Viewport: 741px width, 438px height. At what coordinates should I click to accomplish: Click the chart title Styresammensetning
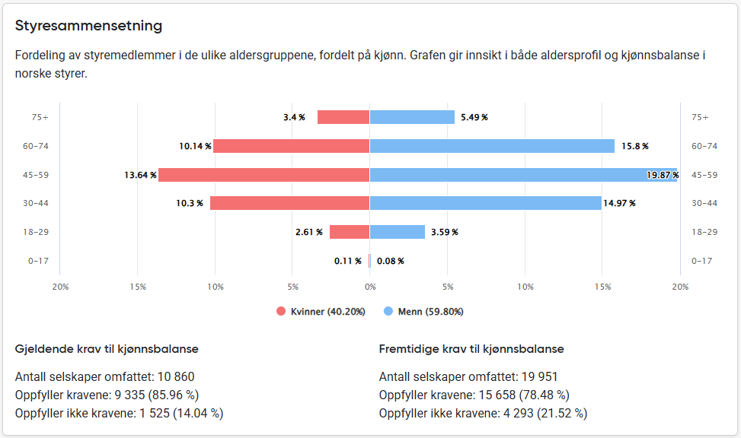pyautogui.click(x=88, y=26)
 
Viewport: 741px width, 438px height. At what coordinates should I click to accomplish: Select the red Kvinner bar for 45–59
pyautogui.click(x=264, y=175)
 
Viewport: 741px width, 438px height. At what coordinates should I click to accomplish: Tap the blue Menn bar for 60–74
pyautogui.click(x=492, y=146)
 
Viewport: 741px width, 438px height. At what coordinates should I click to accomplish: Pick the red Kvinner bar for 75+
pyautogui.click(x=343, y=117)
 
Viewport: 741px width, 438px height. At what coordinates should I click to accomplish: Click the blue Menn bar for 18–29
pyautogui.click(x=398, y=232)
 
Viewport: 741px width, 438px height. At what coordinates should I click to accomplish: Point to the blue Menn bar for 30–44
pyautogui.click(x=486, y=203)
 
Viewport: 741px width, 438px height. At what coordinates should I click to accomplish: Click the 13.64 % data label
pyautogui.click(x=140, y=175)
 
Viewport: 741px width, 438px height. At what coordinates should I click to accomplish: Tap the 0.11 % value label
pyautogui.click(x=348, y=261)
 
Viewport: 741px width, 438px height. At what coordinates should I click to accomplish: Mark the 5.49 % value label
pyautogui.click(x=474, y=117)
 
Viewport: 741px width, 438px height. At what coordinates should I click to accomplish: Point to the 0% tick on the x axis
pyautogui.click(x=370, y=287)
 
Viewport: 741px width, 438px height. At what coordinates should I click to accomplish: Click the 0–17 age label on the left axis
pyautogui.click(x=38, y=261)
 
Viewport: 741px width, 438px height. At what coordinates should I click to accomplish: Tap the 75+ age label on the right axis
pyautogui.click(x=700, y=117)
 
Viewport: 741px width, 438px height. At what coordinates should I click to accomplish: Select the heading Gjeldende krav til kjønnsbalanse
pyautogui.click(x=107, y=349)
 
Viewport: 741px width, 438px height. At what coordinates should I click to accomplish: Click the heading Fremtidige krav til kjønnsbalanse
pyautogui.click(x=471, y=349)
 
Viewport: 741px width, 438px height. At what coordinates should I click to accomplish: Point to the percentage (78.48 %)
pyautogui.click(x=540, y=395)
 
